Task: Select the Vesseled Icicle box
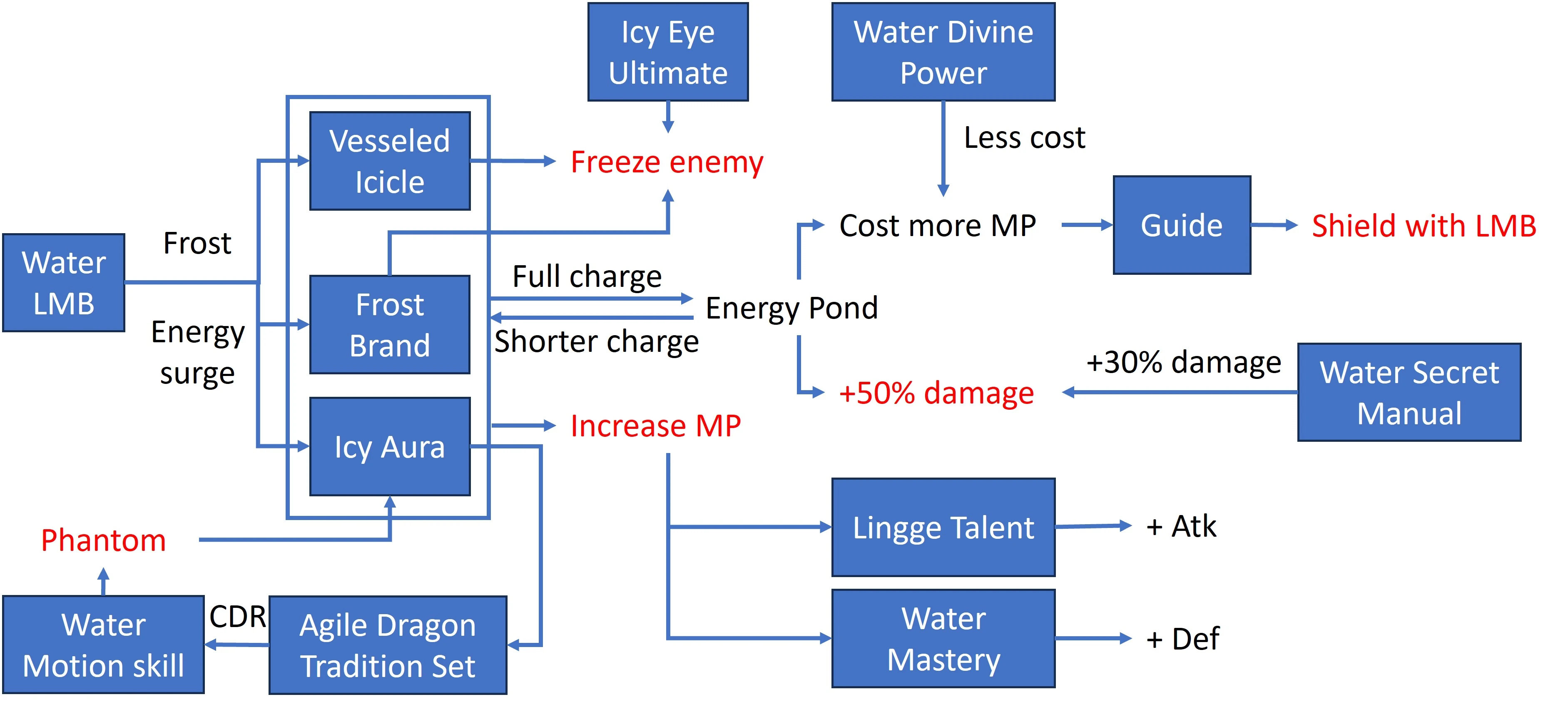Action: (390, 161)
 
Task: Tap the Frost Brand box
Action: (390, 325)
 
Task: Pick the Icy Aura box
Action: (390, 447)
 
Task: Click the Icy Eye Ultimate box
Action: (668, 52)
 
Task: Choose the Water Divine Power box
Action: (943, 52)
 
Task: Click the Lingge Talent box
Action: (943, 528)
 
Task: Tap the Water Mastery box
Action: (943, 639)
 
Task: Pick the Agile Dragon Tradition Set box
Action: (388, 645)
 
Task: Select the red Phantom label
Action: (103, 540)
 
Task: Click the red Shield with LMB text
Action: (1424, 226)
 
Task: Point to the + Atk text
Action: (1181, 526)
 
